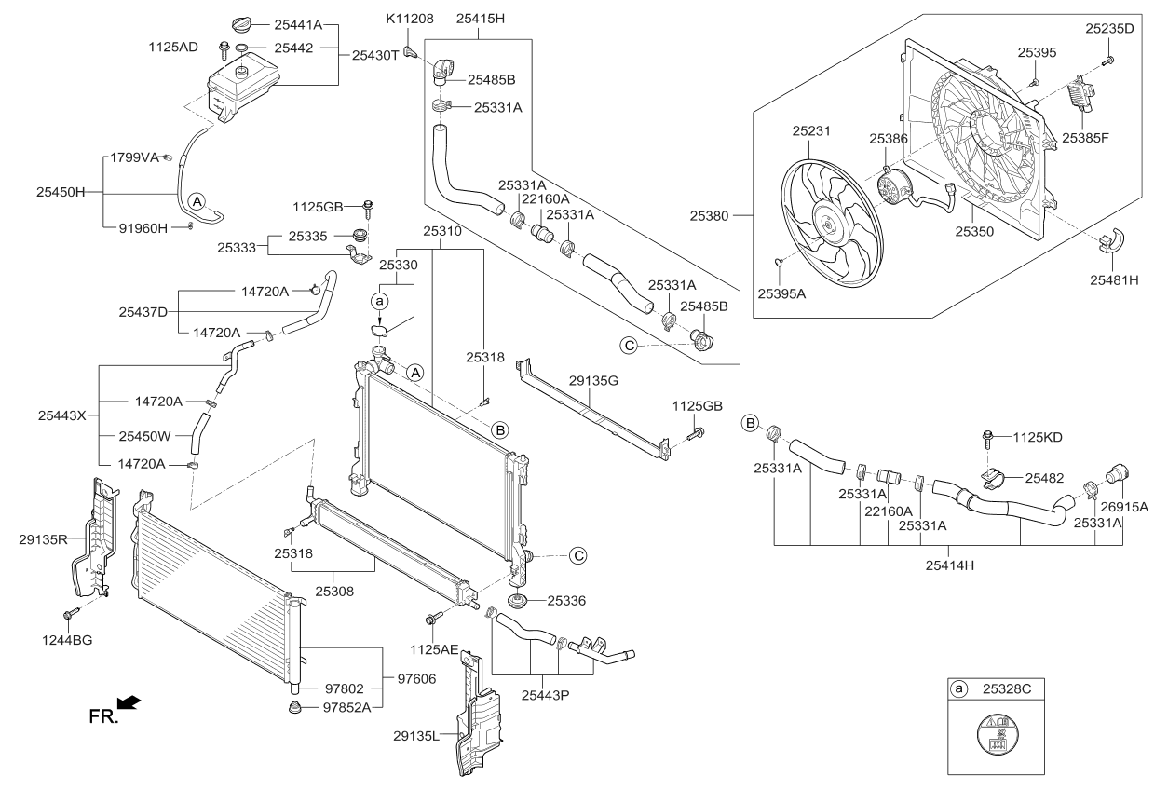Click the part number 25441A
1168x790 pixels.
[298, 26]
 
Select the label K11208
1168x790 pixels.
[411, 19]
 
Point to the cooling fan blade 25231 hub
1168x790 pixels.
[826, 222]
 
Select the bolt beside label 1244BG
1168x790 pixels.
[71, 614]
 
